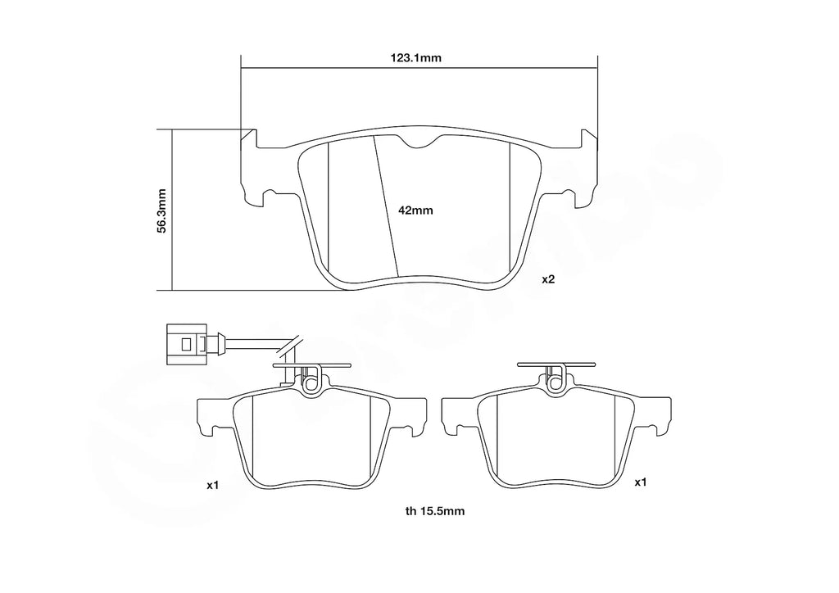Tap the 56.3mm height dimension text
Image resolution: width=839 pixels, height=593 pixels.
coord(161,210)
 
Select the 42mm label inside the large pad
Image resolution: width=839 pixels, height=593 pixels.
coord(415,210)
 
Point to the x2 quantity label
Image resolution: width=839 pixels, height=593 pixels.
coord(548,279)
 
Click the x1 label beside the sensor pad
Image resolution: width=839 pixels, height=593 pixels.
coord(212,486)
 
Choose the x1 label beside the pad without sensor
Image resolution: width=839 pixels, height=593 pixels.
coord(641,482)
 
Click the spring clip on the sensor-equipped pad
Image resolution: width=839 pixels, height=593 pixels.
coord(311,378)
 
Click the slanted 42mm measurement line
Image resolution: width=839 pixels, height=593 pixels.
coord(386,205)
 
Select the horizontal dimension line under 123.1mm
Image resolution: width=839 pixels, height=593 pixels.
coord(419,68)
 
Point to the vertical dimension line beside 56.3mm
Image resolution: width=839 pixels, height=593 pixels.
coord(173,210)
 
